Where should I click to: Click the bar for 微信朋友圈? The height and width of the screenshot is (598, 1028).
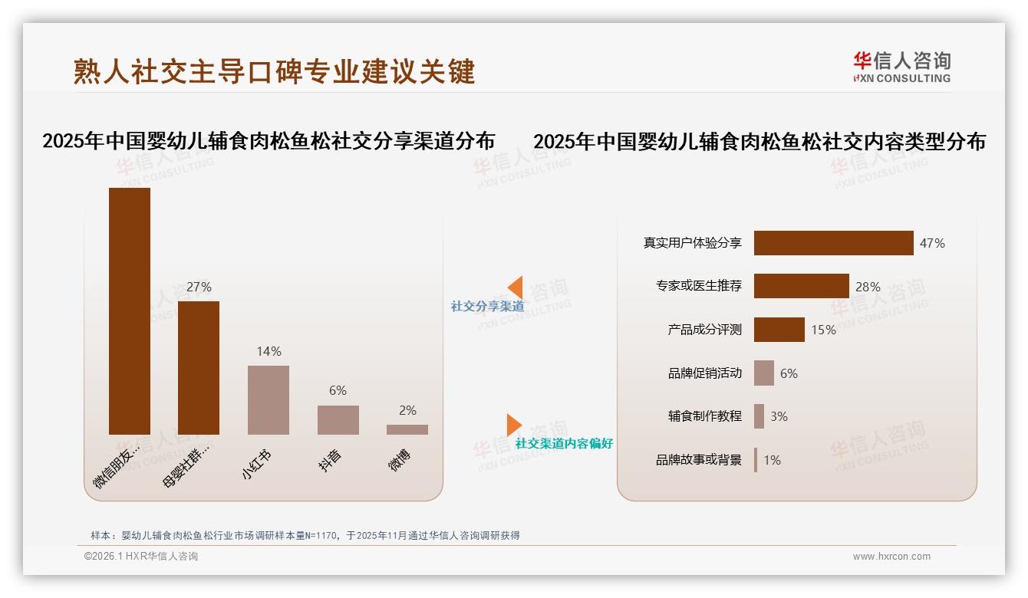pyautogui.click(x=130, y=310)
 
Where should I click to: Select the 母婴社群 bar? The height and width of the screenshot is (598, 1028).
pyautogui.click(x=199, y=367)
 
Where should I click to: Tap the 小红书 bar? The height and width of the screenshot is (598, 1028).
pyautogui.click(x=269, y=399)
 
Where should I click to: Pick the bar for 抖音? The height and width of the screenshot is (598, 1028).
pyautogui.click(x=338, y=419)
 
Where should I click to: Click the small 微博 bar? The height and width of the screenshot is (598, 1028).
pyautogui.click(x=407, y=429)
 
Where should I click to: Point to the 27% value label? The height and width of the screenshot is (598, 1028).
pyautogui.click(x=199, y=287)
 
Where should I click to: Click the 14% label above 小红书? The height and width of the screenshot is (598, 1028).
pyautogui.click(x=269, y=351)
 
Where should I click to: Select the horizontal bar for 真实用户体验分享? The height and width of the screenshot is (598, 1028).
pyautogui.click(x=833, y=243)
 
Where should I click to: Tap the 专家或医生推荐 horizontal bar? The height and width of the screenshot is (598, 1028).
pyautogui.click(x=801, y=286)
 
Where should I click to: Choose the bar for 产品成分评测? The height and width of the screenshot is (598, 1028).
pyautogui.click(x=779, y=330)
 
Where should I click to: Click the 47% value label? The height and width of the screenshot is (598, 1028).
pyautogui.click(x=932, y=243)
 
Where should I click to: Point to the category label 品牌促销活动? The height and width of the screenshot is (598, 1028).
pyautogui.click(x=704, y=373)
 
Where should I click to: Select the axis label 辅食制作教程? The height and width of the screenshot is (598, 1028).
pyautogui.click(x=704, y=416)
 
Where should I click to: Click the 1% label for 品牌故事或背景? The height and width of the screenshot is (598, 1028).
pyautogui.click(x=772, y=460)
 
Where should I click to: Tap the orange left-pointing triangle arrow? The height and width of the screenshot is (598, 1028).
pyautogui.click(x=515, y=287)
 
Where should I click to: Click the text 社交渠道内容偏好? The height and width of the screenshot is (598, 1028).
pyautogui.click(x=564, y=443)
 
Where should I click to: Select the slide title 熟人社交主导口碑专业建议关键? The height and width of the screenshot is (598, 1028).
pyautogui.click(x=275, y=71)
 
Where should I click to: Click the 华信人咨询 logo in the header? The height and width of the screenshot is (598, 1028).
pyautogui.click(x=901, y=67)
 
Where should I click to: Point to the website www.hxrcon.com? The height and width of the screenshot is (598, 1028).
pyautogui.click(x=891, y=557)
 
